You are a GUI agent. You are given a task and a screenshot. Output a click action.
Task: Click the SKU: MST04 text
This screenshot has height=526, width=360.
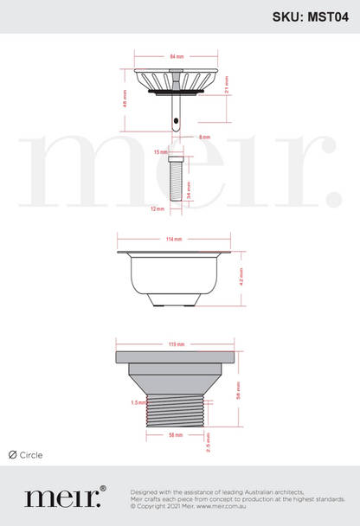tap(311, 16)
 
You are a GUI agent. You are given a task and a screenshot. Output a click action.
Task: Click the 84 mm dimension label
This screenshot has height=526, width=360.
tap(177, 56)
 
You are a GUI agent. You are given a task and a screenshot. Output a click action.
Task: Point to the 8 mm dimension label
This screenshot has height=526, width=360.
tap(204, 137)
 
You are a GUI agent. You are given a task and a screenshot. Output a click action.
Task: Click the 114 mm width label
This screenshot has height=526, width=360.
tap(173, 238)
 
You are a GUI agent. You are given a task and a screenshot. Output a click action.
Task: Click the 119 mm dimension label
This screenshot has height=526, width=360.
tap(177, 344)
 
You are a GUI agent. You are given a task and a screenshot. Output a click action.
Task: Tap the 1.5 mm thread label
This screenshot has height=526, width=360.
tap(135, 402)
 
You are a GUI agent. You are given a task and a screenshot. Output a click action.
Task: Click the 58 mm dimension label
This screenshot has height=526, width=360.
tap(177, 434)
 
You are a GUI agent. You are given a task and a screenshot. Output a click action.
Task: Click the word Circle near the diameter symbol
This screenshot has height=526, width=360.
tap(31, 455)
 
